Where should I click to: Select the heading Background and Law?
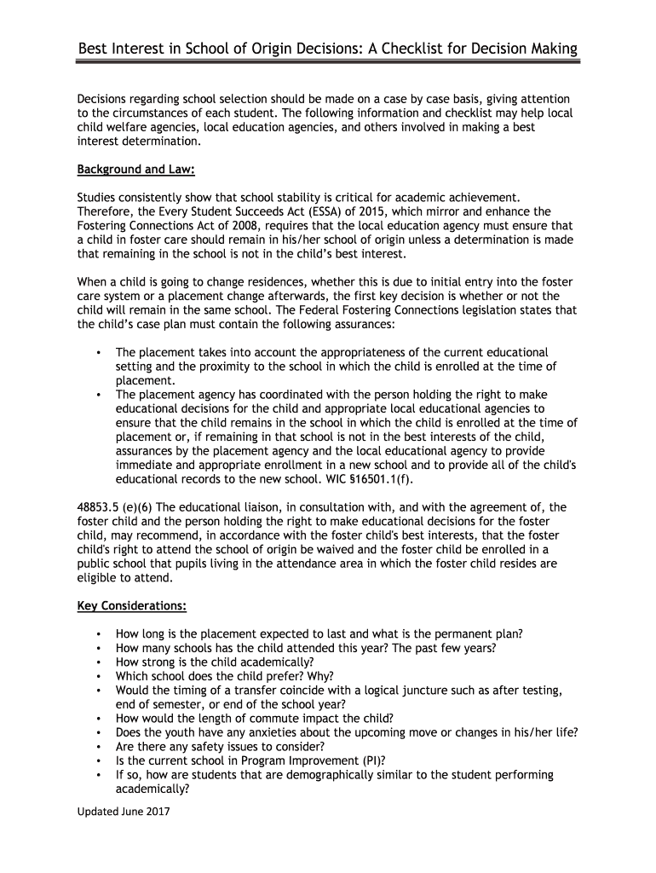coord(136,170)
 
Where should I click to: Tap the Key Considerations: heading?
coord(132,606)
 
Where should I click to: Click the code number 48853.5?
coord(101,506)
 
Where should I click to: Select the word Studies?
coord(99,197)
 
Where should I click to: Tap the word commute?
coord(271,718)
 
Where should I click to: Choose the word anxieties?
coord(259,732)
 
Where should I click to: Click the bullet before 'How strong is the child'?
coord(100,662)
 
